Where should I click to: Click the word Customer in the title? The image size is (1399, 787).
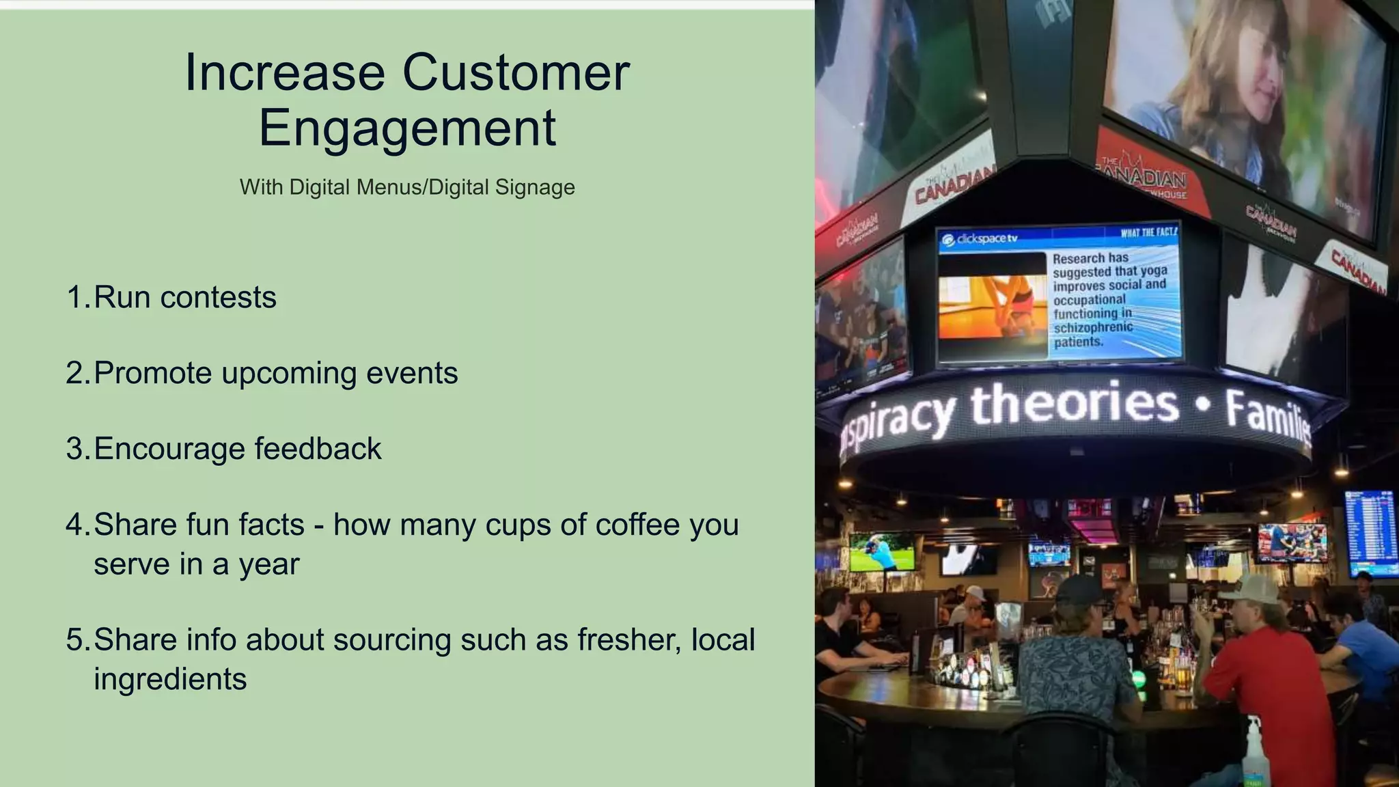pos(516,73)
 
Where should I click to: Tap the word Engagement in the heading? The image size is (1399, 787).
pos(407,128)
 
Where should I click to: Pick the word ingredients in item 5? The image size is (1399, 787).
pos(170,680)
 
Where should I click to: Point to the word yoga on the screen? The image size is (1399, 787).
pos(1154,271)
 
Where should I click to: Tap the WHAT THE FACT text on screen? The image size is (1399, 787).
pos(1149,232)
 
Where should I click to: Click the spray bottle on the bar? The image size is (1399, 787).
pos(1253,751)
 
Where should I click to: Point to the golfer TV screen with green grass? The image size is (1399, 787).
pos(882,552)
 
